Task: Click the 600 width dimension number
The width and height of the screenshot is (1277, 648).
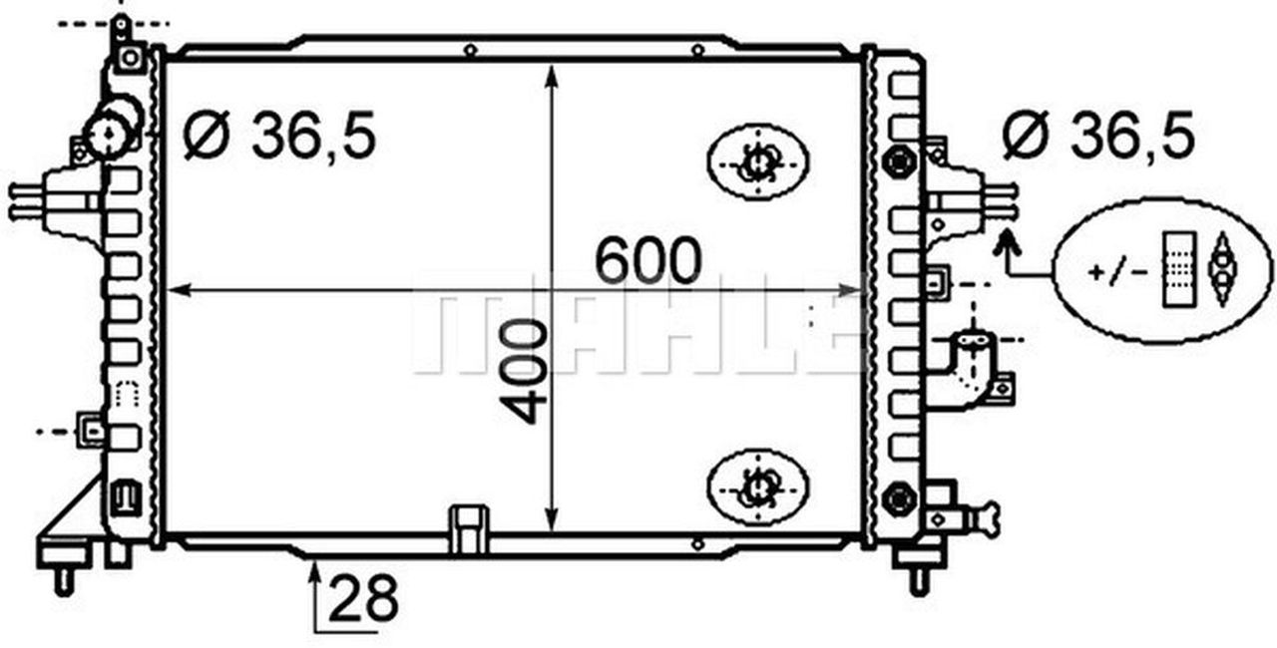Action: (x=648, y=261)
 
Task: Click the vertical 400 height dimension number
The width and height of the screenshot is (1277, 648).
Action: (x=527, y=372)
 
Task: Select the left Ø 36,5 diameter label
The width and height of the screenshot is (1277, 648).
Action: (x=280, y=137)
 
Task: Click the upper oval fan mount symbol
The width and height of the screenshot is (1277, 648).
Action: (x=757, y=161)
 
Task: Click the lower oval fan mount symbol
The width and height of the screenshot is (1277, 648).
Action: (x=757, y=486)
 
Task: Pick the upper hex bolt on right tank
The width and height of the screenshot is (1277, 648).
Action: (x=899, y=161)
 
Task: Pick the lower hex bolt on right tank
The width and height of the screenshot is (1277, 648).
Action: (x=899, y=496)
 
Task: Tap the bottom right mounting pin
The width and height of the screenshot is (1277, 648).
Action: (x=919, y=578)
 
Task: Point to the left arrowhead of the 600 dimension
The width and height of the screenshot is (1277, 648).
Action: (x=176, y=290)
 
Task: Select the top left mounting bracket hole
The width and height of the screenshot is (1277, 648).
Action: (x=129, y=57)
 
